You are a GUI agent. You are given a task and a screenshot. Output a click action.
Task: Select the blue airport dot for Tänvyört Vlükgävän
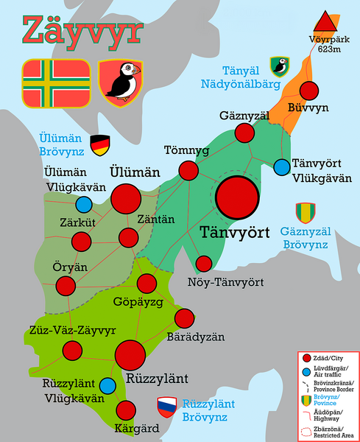coord(281,167)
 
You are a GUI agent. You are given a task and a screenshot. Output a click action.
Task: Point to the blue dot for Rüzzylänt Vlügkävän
coord(108,385)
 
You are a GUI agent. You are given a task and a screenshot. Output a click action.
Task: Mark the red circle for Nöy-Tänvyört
coord(203,264)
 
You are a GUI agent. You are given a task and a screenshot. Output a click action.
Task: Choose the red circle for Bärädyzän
coord(183,318)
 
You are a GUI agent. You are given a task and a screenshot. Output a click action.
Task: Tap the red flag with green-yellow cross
coord(57,81)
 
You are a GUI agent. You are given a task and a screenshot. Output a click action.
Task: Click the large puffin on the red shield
coord(121,81)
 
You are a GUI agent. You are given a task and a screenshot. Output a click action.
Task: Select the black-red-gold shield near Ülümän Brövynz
coord(99,144)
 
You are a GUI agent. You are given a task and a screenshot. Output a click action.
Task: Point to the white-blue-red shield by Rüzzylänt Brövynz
coord(166,405)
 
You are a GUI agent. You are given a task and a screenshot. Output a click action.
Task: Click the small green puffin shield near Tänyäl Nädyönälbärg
coord(279,66)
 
